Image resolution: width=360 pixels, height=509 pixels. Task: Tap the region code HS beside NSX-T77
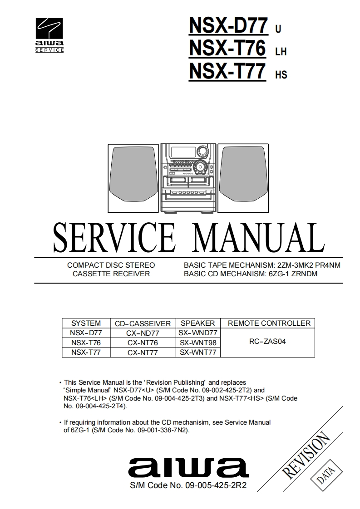(281, 75)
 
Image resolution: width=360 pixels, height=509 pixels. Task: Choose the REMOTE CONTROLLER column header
(269, 323)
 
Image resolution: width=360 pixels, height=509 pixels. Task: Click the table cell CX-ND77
(143, 333)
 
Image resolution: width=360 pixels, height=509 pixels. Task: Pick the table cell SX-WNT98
(197, 343)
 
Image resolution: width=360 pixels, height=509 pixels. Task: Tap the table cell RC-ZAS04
(267, 342)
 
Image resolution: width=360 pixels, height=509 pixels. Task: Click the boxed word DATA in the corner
(325, 476)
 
